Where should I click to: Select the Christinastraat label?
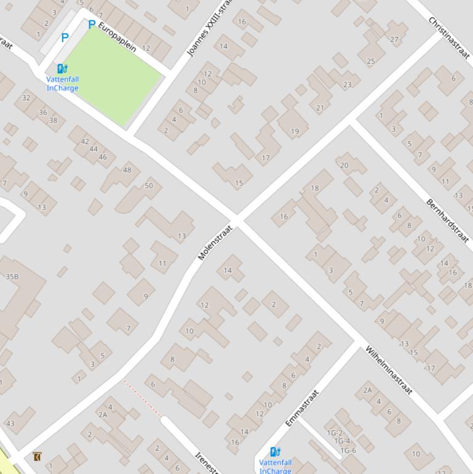tap(449, 37)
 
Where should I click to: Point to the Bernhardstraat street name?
tap(447, 220)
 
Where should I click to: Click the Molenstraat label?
tap(210, 243)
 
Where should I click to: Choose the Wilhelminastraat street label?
tap(388, 371)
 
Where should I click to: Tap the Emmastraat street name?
tap(302, 408)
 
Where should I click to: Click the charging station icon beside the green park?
tap(62, 69)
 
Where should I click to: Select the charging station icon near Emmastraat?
tap(275, 452)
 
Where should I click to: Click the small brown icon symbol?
tap(38, 456)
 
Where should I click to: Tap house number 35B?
tap(12, 277)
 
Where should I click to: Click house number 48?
tap(127, 171)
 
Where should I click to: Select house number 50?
tap(149, 185)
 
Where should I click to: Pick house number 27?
tap(394, 39)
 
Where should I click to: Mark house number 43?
tap(10, 424)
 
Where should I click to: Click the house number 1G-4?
tap(342, 441)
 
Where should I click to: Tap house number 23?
tap(348, 85)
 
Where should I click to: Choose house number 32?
tap(26, 98)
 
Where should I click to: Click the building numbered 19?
tap(295, 131)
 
